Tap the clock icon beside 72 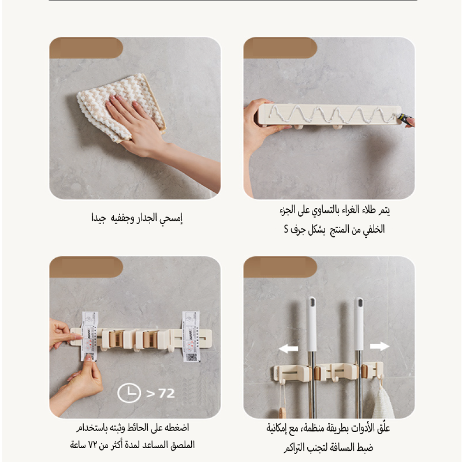point(129,393)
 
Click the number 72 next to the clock point(167,393)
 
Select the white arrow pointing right point(380,346)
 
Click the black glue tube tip point(406,119)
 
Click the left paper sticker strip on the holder point(89,336)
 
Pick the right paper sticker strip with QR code point(191,337)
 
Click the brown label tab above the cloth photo point(86,48)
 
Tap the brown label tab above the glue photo point(280,48)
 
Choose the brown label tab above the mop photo point(280,267)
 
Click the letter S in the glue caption point(286,229)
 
